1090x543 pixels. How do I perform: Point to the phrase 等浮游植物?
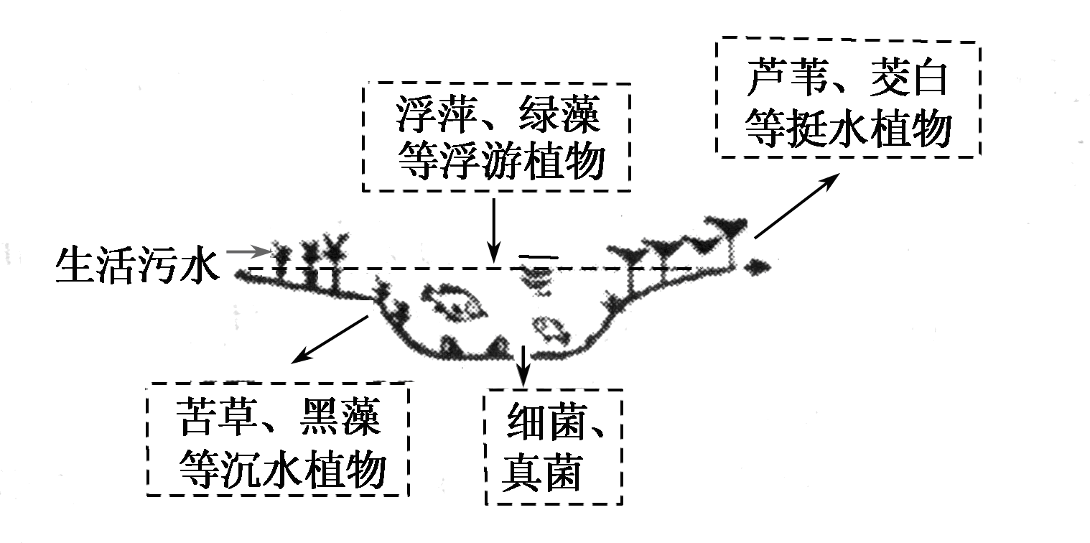point(498,164)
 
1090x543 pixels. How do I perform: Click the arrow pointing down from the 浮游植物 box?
point(493,230)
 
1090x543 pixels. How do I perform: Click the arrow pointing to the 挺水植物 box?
point(797,205)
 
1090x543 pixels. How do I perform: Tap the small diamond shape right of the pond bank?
point(757,267)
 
